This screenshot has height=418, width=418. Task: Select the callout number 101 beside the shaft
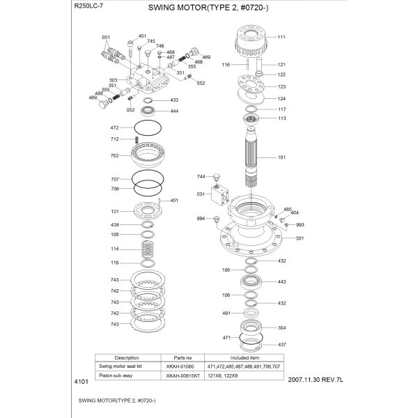[x=281, y=157]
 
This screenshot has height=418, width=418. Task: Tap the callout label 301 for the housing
[x=300, y=239]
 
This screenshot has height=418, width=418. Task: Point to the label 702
[x=115, y=156]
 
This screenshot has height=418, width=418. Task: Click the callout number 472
[x=115, y=128]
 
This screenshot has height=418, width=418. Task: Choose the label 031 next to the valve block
[x=201, y=193]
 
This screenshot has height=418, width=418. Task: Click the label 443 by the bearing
[x=281, y=282]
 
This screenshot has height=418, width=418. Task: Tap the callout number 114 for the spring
[x=115, y=249]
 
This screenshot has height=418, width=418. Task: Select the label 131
[x=115, y=212]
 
